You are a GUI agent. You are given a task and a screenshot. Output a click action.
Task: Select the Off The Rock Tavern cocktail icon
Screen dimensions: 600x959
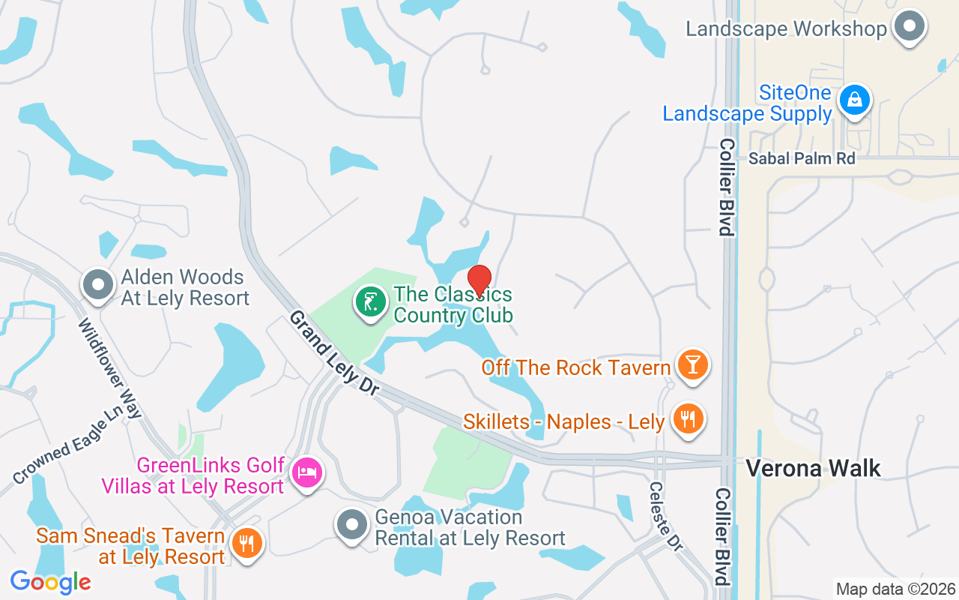tap(692, 365)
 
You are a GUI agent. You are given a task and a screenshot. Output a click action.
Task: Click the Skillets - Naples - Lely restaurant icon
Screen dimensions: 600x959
tap(687, 418)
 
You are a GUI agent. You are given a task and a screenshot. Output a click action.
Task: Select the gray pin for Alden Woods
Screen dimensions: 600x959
tap(98, 286)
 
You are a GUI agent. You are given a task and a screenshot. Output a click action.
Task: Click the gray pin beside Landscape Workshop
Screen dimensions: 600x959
tap(910, 26)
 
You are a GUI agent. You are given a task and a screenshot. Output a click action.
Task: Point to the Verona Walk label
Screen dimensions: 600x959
tap(813, 469)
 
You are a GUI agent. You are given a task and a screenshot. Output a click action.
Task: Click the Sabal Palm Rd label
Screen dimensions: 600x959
tap(802, 158)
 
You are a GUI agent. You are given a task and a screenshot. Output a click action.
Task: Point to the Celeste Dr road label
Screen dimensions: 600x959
tap(666, 516)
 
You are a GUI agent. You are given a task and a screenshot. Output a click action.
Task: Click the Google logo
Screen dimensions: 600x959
tap(50, 581)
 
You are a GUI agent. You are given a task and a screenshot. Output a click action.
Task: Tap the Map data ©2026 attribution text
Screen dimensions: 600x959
tap(895, 589)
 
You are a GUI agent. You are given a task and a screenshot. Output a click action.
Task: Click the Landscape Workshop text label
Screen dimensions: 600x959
tap(787, 29)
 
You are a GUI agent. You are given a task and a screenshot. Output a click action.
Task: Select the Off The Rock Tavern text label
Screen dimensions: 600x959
tap(575, 367)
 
